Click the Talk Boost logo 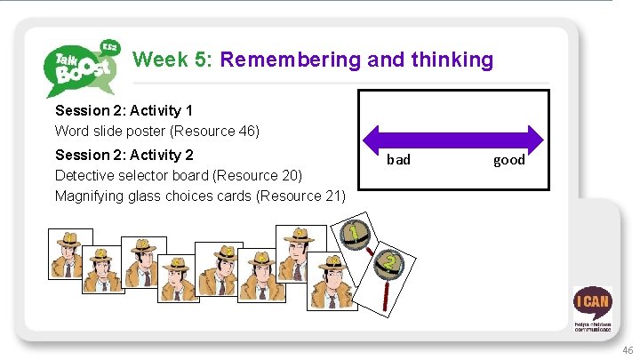(83, 67)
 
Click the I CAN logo (592, 306)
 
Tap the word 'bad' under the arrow (398, 160)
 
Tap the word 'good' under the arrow (509, 160)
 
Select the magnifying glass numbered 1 (355, 235)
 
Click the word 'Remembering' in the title (288, 60)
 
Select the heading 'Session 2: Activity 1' (124, 111)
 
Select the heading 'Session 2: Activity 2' (124, 154)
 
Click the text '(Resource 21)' (301, 196)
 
